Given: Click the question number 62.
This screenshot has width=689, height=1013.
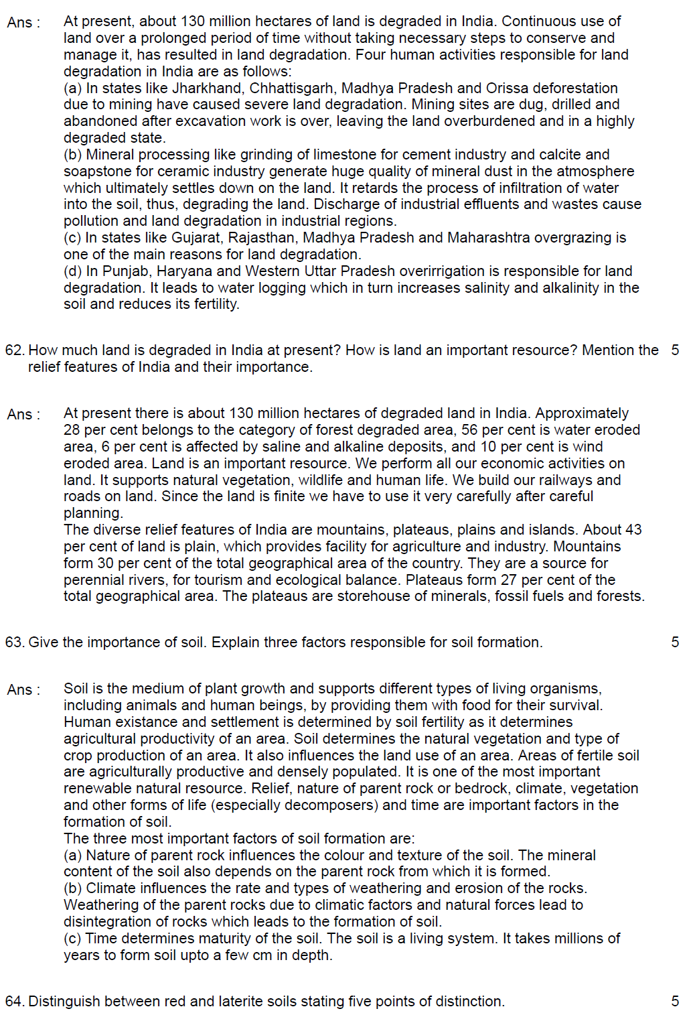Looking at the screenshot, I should pos(15,350).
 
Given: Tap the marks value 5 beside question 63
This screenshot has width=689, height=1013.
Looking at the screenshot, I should pos(675,642).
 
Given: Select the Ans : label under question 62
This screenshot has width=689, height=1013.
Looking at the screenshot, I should pos(23,414).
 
